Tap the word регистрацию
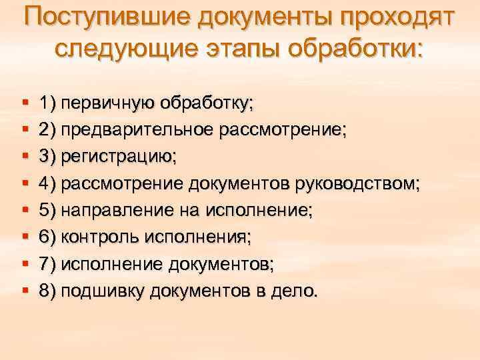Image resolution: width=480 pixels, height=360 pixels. (118, 157)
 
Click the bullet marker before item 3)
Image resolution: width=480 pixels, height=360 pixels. (24, 157)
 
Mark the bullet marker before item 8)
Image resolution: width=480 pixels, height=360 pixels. (24, 291)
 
